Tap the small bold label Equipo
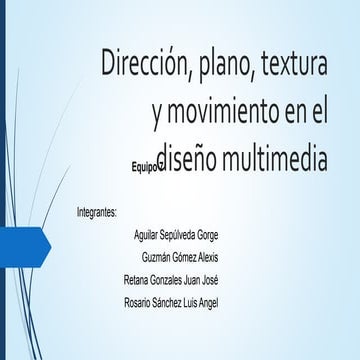(x=146, y=168)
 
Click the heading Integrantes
(x=97, y=213)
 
